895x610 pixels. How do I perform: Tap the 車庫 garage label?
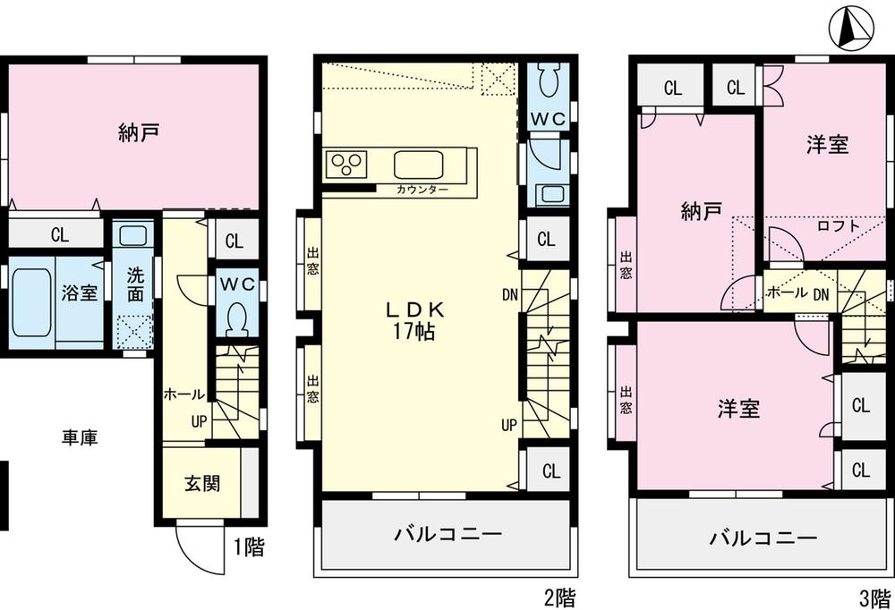tap(80, 438)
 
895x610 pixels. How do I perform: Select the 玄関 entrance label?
tap(202, 483)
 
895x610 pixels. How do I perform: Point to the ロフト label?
tap(839, 226)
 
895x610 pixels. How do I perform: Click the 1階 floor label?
tap(250, 547)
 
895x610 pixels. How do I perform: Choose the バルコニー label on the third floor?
tap(763, 538)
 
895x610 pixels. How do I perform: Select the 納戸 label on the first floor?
tap(139, 134)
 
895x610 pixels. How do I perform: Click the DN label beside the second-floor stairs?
tap(509, 293)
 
